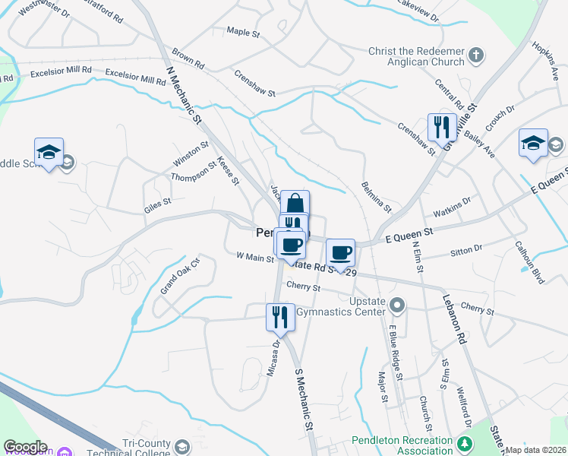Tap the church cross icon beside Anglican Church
pyautogui.click(x=476, y=55)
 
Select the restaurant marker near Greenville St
pyautogui.click(x=441, y=128)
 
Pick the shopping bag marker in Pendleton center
pyautogui.click(x=295, y=204)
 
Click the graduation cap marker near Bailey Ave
pyautogui.click(x=533, y=142)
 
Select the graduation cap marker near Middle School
pyautogui.click(x=49, y=152)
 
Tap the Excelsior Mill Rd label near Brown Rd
pyautogui.click(x=135, y=73)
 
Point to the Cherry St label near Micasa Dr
pyautogui.click(x=304, y=287)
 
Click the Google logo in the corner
pyautogui.click(x=25, y=447)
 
